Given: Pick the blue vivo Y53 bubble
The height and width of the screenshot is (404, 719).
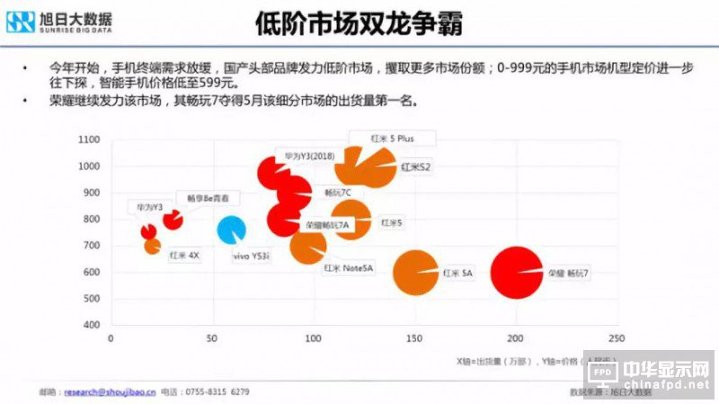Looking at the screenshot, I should point(231,230).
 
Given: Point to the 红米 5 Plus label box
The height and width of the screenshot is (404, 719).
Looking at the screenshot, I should point(390,139).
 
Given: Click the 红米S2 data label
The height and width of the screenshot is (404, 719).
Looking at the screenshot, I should point(416,167).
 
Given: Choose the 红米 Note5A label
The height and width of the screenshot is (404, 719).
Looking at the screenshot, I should point(349,267).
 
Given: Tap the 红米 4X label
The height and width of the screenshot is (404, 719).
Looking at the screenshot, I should point(184,255).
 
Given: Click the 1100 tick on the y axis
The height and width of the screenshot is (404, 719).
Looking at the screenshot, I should point(88,140).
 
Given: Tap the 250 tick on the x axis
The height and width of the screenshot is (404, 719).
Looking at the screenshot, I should point(617,338).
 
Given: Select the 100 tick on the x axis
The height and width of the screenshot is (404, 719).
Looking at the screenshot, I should point(313,338).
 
